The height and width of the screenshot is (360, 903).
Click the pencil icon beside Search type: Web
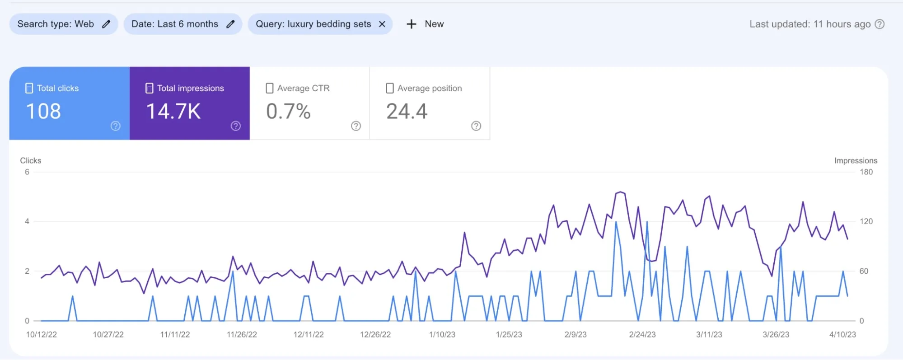[106, 24]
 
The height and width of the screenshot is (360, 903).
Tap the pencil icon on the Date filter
[230, 24]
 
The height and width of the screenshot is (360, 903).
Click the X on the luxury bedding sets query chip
[382, 24]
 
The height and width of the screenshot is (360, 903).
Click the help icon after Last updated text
[880, 24]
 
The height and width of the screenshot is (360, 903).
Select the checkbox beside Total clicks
[29, 88]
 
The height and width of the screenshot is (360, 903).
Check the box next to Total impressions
[149, 88]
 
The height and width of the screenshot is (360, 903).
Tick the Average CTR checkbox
[269, 88]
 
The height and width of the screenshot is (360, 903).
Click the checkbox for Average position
[389, 88]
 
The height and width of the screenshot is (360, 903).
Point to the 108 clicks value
[43, 112]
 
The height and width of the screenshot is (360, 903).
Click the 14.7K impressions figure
[173, 112]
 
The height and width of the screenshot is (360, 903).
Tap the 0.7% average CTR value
[288, 112]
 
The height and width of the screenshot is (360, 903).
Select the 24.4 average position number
[407, 112]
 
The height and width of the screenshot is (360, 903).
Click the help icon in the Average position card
[476, 126]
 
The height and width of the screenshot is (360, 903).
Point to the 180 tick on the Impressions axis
[866, 172]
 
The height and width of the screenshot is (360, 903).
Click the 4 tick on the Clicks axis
[27, 221]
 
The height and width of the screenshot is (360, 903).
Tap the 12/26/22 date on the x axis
[375, 335]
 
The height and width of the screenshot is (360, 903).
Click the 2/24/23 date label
[642, 335]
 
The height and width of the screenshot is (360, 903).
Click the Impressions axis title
[856, 161]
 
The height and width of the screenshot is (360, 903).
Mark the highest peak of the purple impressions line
[621, 192]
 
